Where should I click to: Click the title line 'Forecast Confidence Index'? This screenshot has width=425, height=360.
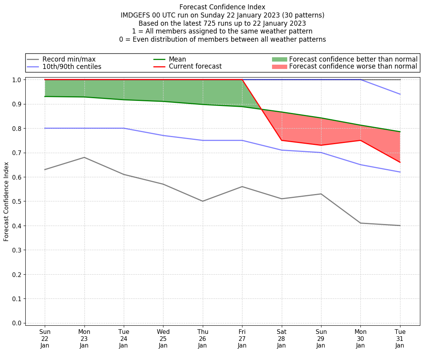click(x=222, y=7)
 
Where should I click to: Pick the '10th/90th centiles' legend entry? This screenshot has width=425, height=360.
click(x=72, y=67)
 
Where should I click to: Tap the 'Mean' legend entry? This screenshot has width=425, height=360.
click(x=177, y=59)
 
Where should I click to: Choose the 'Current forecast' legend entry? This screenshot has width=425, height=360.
click(x=195, y=67)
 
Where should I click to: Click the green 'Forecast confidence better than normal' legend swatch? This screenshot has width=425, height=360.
click(x=279, y=59)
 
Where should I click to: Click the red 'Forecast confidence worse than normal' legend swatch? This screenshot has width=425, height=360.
click(x=279, y=67)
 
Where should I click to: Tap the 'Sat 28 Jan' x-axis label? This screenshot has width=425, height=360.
click(x=281, y=338)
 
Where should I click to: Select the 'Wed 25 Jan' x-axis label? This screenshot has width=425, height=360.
click(x=163, y=338)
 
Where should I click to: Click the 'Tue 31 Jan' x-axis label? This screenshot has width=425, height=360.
click(x=400, y=338)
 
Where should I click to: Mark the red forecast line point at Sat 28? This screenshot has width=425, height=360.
click(x=281, y=140)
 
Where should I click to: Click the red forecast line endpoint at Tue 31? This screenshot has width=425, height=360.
click(x=400, y=162)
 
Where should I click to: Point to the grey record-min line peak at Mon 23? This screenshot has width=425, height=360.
click(x=84, y=157)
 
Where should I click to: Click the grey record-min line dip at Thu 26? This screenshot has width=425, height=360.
click(x=203, y=201)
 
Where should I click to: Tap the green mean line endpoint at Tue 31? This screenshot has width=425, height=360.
click(x=400, y=132)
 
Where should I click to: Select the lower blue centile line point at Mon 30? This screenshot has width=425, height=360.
click(x=360, y=164)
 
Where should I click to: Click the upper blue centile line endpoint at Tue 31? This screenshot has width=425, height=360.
click(x=400, y=94)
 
